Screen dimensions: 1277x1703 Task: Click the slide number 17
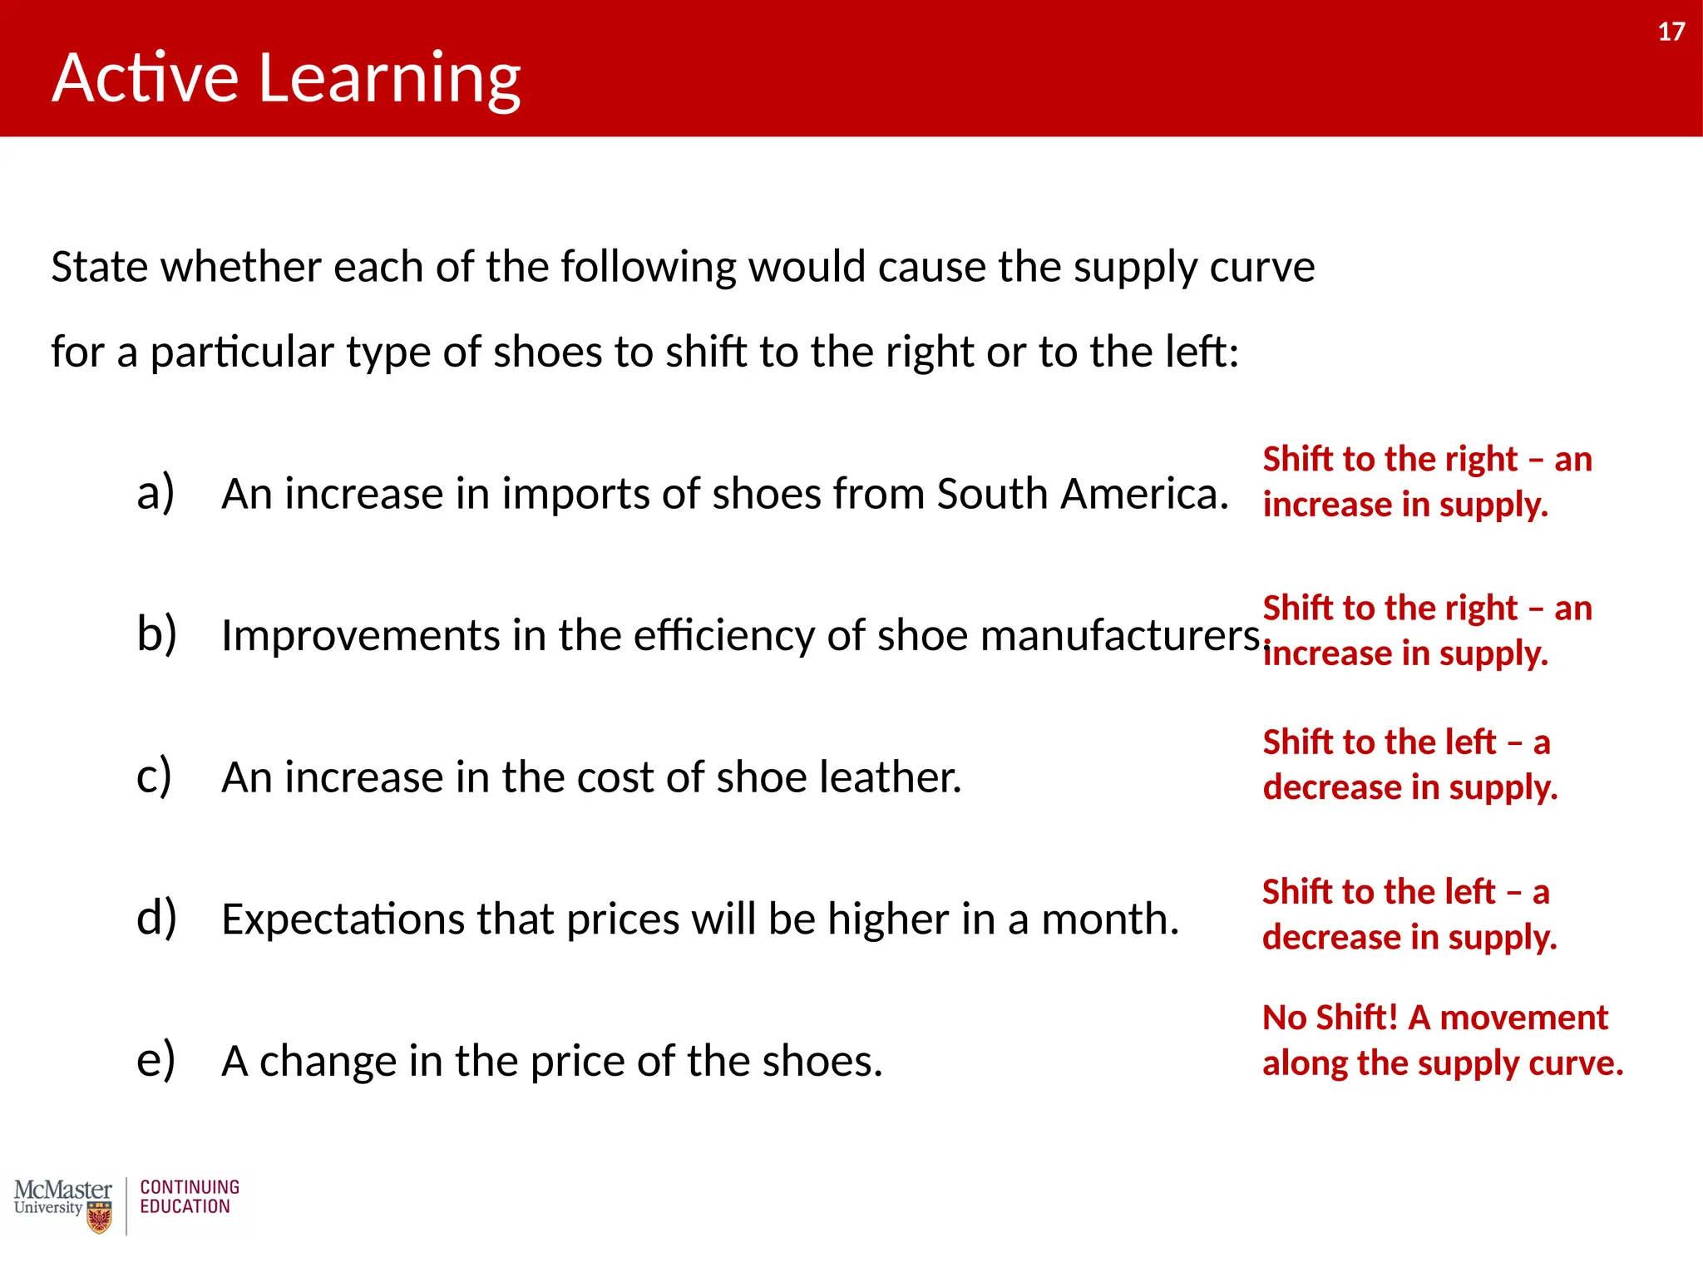pyautogui.click(x=1671, y=32)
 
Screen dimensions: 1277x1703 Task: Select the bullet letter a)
pyautogui.click(x=155, y=492)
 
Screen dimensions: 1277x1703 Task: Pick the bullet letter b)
pyautogui.click(x=156, y=634)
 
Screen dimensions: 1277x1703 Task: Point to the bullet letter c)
pyautogui.click(x=155, y=776)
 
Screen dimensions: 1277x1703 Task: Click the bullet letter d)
pyautogui.click(x=156, y=918)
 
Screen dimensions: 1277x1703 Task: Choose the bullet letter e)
pyautogui.click(x=155, y=1060)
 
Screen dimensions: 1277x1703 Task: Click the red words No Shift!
pyautogui.click(x=1330, y=1018)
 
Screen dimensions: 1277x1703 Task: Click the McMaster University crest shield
pyautogui.click(x=99, y=1218)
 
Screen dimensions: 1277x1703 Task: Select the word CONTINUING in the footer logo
pyautogui.click(x=190, y=1187)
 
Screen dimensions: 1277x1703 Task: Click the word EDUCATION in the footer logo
pyautogui.click(x=185, y=1207)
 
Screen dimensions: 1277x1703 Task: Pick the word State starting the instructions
pyautogui.click(x=99, y=268)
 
